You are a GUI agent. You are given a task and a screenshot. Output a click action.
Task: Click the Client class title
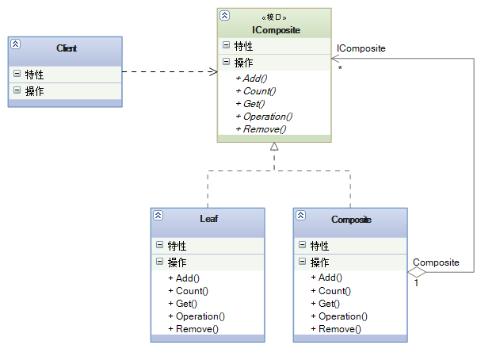pyautogui.click(x=67, y=48)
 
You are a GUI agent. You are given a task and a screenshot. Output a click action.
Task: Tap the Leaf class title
pyautogui.click(x=208, y=220)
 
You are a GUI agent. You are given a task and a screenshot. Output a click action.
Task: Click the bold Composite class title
pyautogui.click(x=351, y=220)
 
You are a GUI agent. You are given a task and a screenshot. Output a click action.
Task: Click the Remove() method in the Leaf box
pyautogui.click(x=197, y=329)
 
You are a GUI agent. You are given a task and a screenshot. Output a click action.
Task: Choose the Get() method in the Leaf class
pyautogui.click(x=185, y=304)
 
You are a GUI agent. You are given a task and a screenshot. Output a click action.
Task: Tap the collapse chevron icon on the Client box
pyautogui.click(x=16, y=45)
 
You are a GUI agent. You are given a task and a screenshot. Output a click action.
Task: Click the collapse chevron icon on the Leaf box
pyautogui.click(x=158, y=216)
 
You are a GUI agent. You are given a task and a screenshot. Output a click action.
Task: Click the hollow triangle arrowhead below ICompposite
pyautogui.click(x=274, y=147)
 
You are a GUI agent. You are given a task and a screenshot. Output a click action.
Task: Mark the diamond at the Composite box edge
pyautogui.click(x=417, y=272)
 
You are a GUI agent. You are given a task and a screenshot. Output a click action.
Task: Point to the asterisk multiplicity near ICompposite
pyautogui.click(x=339, y=68)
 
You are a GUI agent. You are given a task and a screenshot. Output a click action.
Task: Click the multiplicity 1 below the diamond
pyautogui.click(x=417, y=283)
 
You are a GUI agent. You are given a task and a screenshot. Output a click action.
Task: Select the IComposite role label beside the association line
pyautogui.click(x=361, y=48)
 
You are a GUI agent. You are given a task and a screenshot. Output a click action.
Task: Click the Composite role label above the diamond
pyautogui.click(x=436, y=262)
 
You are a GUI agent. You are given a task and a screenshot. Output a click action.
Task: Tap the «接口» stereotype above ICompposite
pyautogui.click(x=274, y=16)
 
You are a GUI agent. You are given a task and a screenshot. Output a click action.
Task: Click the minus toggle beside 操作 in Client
pyautogui.click(x=17, y=91)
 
